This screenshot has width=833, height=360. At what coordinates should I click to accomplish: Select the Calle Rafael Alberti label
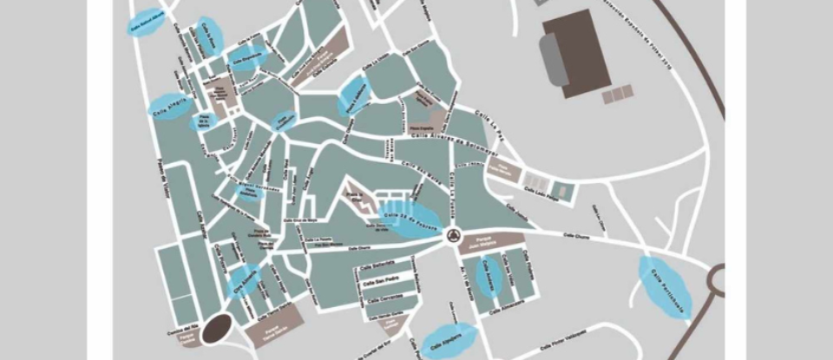[148, 24]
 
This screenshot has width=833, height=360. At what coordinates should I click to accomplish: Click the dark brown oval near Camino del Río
[217, 330]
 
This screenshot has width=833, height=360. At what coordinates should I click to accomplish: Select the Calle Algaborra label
[449, 340]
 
